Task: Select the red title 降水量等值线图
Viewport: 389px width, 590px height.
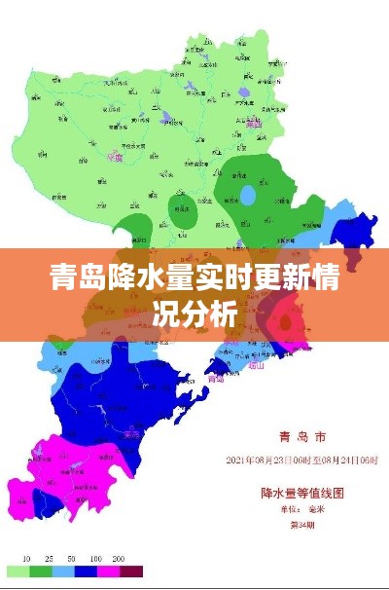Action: point(301,492)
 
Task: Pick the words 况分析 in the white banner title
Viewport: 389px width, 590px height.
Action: point(195,313)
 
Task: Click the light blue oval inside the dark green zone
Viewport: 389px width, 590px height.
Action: point(249,196)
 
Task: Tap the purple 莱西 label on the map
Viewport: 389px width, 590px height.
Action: point(254,124)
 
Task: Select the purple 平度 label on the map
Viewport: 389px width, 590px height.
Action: point(117,154)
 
